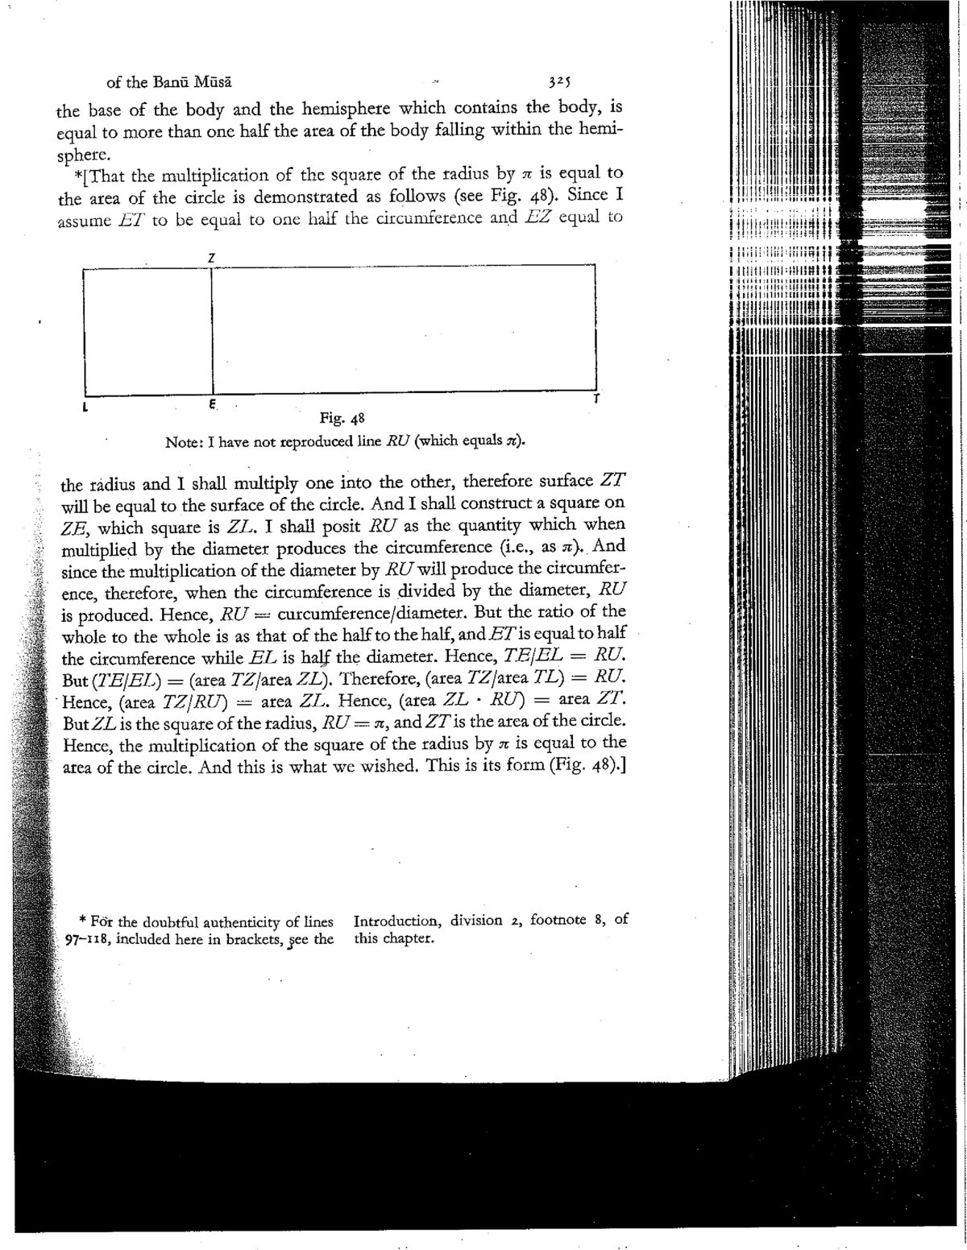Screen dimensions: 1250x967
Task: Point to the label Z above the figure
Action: click(210, 256)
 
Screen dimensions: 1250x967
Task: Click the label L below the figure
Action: click(85, 408)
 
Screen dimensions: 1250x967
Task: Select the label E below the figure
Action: click(211, 406)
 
